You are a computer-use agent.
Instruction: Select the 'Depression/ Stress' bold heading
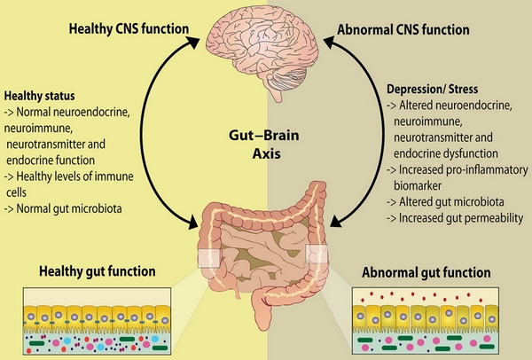433,90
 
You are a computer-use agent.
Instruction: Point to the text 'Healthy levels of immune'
65,181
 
